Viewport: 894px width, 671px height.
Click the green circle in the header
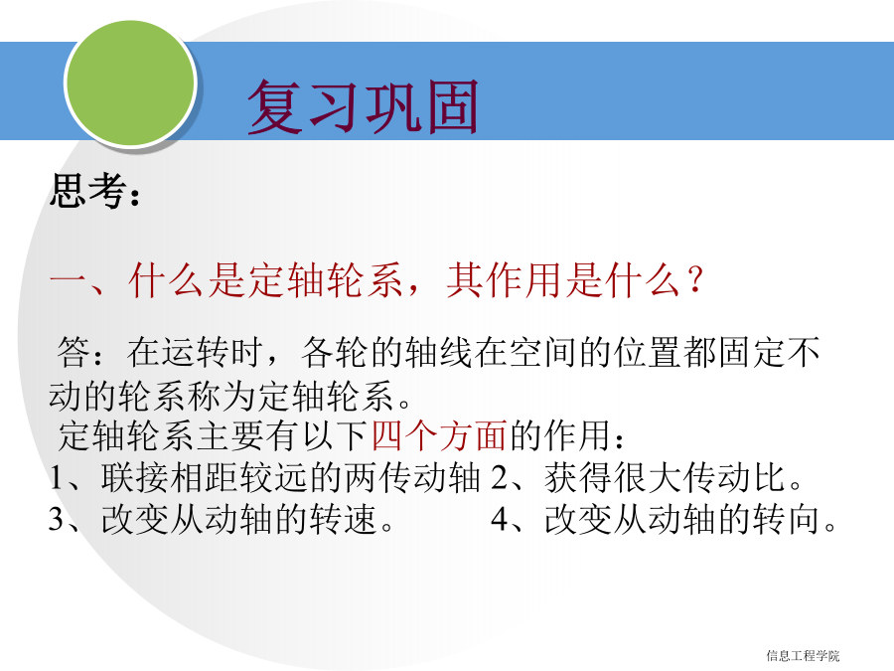[x=130, y=82]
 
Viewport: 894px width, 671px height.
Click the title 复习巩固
[x=363, y=106]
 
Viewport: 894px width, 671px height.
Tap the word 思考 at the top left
[x=87, y=190]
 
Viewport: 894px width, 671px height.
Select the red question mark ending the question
[x=694, y=280]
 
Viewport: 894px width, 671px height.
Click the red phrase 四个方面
[x=439, y=436]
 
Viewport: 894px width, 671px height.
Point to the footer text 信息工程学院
[x=803, y=656]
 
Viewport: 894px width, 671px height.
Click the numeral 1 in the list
[x=56, y=477]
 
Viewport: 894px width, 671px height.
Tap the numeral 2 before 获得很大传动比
[x=499, y=477]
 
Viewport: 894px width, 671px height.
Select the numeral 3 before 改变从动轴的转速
[x=56, y=519]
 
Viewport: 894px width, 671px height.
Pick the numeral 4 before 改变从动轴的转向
[x=500, y=519]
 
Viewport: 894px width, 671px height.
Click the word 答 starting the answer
[x=74, y=352]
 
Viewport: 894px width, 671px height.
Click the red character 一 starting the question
[x=68, y=279]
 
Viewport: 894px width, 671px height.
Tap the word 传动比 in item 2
[x=735, y=477]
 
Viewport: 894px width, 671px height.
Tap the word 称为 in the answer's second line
[x=223, y=395]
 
